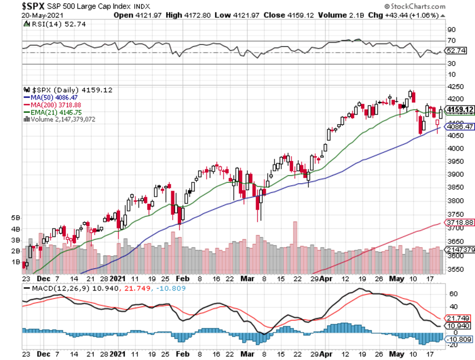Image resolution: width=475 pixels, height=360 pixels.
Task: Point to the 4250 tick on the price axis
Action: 454,87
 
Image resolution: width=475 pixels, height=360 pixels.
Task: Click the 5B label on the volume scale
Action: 15,217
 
